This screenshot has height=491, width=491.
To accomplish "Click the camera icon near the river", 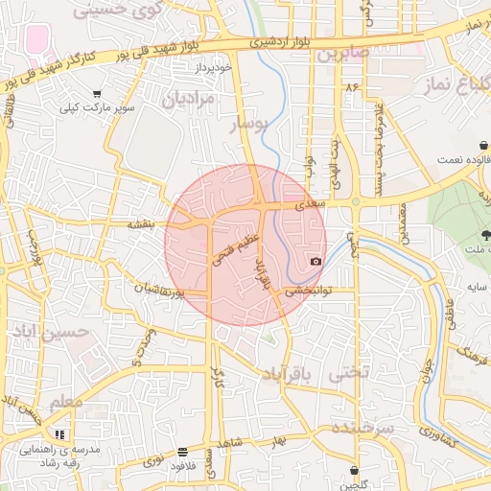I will pyautogui.click(x=316, y=261).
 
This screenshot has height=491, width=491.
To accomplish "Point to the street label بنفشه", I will pyautogui.click(x=141, y=223).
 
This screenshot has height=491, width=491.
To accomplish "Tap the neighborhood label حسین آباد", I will pyautogui.click(x=50, y=331).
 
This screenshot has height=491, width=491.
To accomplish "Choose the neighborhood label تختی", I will pyautogui.click(x=348, y=373).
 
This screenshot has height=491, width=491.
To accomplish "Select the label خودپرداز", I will pyautogui.click(x=210, y=68).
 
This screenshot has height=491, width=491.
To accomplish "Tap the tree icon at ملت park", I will pyautogui.click(x=485, y=235).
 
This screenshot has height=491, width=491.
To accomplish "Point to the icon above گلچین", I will pyautogui.click(x=356, y=470).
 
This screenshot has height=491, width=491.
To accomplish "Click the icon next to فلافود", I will pyautogui.click(x=182, y=452).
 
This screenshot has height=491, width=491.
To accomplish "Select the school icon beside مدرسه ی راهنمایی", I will pyautogui.click(x=61, y=434).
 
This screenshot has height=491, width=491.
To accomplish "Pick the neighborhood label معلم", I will pyautogui.click(x=66, y=401).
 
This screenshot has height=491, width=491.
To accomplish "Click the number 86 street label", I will pyautogui.click(x=352, y=87).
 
